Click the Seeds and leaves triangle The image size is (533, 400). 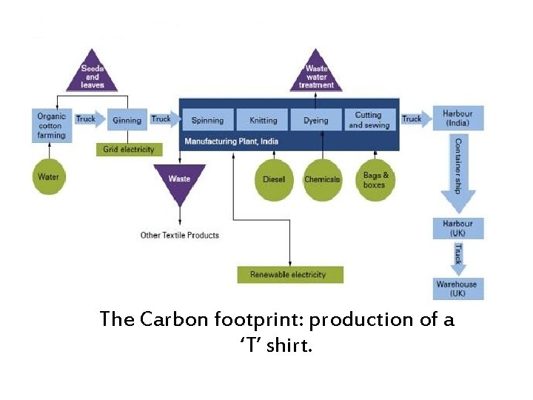click(x=92, y=73)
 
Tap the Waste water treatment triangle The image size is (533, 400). click(x=316, y=73)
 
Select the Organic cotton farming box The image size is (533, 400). click(x=52, y=125)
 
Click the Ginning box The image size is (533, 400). click(x=127, y=120)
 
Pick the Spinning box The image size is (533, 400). click(x=207, y=120)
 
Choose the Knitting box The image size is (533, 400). click(x=263, y=120)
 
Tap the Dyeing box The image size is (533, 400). click(x=316, y=120)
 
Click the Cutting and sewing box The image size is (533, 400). click(x=368, y=120)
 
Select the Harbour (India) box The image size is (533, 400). click(x=457, y=119)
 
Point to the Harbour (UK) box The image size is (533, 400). click(x=457, y=228)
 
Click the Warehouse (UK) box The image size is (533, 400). click(x=457, y=288)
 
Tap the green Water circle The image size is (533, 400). click(x=49, y=177)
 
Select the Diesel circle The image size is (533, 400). click(x=274, y=179)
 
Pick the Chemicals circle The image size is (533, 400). click(x=322, y=179)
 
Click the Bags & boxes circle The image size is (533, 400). click(x=375, y=180)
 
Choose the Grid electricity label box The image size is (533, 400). click(x=129, y=150)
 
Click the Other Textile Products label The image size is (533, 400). click(x=180, y=236)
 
